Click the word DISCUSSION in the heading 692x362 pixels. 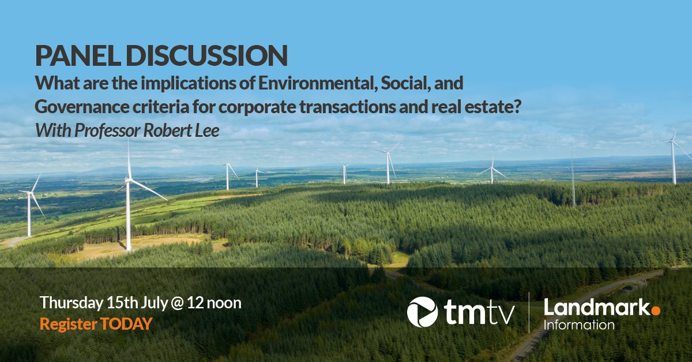pyautogui.click(x=205, y=55)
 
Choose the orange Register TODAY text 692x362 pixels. pyautogui.click(x=96, y=324)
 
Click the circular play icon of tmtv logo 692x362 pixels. pyautogui.click(x=422, y=312)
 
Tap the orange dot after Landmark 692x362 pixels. pyautogui.click(x=656, y=311)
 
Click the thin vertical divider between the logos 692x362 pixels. pyautogui.click(x=530, y=312)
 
